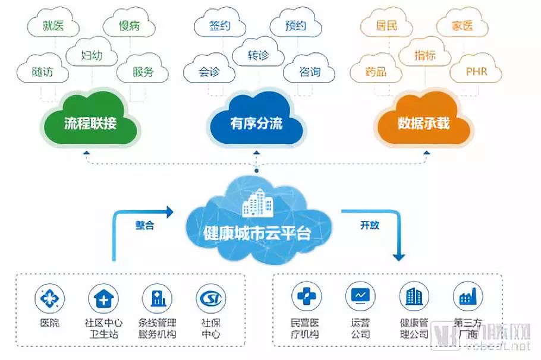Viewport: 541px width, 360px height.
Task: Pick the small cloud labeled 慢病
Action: (x=129, y=26)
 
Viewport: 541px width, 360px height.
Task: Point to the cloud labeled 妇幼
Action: (x=92, y=55)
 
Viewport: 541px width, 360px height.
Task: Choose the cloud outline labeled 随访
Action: (x=43, y=72)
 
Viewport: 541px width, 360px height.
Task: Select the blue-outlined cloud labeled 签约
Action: (x=220, y=26)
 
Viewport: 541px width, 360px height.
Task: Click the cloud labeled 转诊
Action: (x=258, y=55)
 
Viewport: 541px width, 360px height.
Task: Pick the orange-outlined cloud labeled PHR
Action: (x=476, y=72)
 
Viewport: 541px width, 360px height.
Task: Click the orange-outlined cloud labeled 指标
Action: (x=424, y=55)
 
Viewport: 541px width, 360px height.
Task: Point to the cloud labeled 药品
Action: (x=376, y=72)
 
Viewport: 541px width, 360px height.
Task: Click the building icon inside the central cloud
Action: (x=256, y=204)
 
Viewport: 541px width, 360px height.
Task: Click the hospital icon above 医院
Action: (x=50, y=297)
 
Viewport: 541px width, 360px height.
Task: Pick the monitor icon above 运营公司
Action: (x=360, y=296)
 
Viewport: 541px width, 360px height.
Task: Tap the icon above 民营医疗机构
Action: (x=305, y=296)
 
